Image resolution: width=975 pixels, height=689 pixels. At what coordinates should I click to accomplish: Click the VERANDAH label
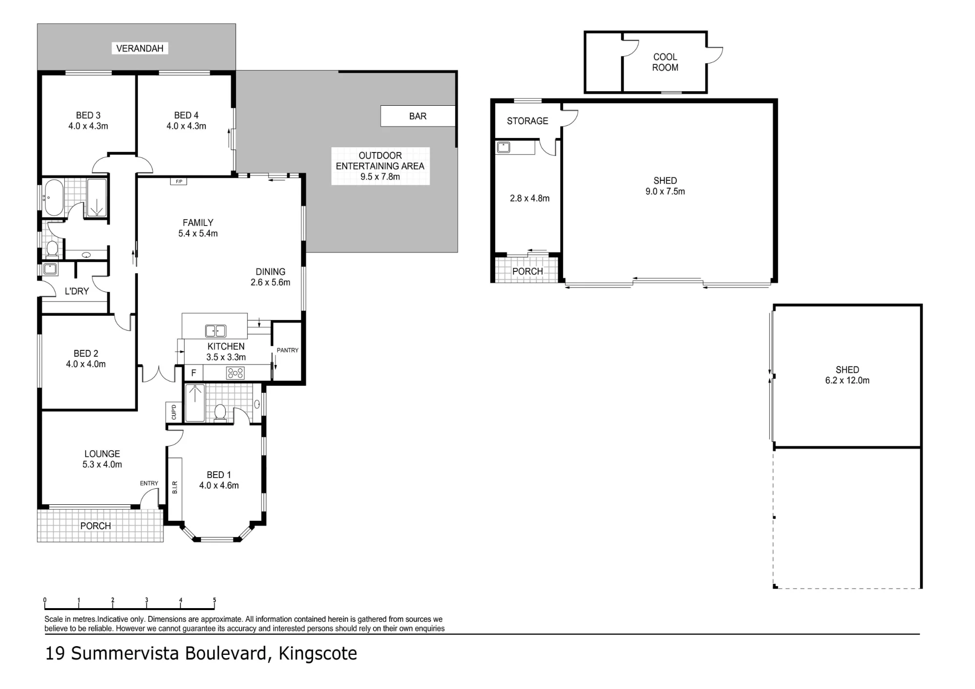139,48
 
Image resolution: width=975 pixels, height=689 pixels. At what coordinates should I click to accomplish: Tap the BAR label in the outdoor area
418,116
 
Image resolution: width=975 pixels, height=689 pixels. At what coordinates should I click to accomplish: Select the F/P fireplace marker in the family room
179,182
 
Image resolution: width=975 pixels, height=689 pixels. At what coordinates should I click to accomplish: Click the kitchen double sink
215,331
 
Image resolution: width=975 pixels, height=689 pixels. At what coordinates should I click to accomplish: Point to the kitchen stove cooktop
235,373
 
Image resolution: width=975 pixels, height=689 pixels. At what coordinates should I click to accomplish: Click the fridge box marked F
194,373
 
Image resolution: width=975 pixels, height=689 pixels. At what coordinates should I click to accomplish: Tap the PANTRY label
288,350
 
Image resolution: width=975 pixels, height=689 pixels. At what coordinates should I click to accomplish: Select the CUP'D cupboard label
174,412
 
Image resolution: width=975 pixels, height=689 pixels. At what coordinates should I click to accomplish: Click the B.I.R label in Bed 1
175,487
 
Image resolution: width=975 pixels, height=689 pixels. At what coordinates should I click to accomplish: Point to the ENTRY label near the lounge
149,483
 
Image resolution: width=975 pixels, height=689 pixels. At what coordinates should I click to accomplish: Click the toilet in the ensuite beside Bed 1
220,412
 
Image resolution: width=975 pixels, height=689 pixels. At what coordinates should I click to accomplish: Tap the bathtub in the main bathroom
54,198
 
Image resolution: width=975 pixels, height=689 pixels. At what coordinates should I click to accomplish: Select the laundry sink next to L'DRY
50,269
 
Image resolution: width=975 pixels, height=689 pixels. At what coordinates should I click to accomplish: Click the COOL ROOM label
665,62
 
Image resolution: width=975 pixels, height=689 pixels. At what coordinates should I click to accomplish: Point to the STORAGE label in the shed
527,121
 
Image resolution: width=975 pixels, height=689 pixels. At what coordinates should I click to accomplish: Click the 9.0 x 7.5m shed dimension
665,191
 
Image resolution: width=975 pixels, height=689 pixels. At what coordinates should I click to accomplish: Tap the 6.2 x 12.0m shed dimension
847,381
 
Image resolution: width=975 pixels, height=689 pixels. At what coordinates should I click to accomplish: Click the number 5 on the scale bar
214,600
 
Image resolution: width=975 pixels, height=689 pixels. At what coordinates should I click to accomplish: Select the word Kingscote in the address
318,653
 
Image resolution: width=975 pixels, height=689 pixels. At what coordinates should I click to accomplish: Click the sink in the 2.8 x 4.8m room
503,147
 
